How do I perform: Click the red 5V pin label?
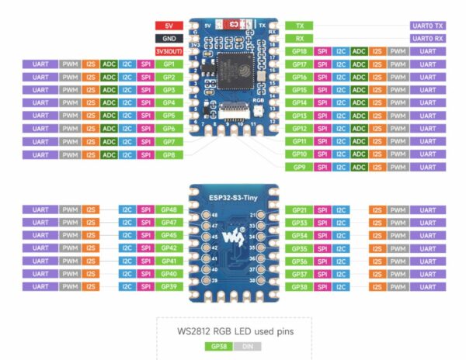pyautogui.click(x=169, y=26)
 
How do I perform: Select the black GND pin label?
pyautogui.click(x=169, y=38)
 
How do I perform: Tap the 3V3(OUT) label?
pyautogui.click(x=169, y=51)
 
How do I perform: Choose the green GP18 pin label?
pyautogui.click(x=301, y=51)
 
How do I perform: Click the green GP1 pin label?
pyautogui.click(x=169, y=64)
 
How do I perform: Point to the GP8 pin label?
pyautogui.click(x=169, y=154)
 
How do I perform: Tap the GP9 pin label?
pyautogui.click(x=301, y=167)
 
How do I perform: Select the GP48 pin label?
pyautogui.click(x=169, y=210)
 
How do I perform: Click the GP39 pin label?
pyautogui.click(x=169, y=286)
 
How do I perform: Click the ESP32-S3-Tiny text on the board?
pyautogui.click(x=233, y=198)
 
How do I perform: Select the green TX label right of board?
pyautogui.click(x=301, y=26)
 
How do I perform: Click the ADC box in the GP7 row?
pyautogui.click(x=109, y=141)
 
